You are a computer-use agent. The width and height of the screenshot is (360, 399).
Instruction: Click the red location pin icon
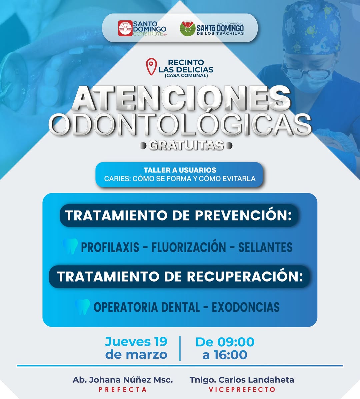(151, 66)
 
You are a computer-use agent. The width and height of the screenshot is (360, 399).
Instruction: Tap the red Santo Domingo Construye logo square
(125, 28)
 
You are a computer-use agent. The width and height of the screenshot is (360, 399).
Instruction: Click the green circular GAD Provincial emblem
(188, 28)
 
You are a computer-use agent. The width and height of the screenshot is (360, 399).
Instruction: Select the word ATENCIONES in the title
(181, 98)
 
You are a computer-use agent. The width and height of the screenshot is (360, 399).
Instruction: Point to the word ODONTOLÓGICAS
(180, 124)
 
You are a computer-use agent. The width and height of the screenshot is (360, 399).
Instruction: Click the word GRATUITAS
(186, 145)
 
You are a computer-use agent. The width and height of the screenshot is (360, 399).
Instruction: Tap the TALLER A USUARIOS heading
(180, 170)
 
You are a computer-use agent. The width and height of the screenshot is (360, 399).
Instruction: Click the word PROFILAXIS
(110, 247)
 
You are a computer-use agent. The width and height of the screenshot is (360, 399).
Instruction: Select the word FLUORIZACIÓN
(189, 247)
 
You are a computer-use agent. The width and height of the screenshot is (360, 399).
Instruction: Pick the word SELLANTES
(265, 247)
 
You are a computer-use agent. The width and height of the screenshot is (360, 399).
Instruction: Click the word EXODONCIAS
(246, 307)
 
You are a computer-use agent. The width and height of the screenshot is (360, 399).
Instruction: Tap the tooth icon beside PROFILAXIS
(70, 246)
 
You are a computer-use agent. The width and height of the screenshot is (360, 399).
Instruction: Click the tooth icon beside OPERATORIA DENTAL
(82, 307)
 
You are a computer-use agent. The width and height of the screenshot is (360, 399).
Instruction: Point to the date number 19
(160, 342)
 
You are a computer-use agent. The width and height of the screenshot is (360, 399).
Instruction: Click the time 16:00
(230, 355)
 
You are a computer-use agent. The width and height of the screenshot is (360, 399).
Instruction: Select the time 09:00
(236, 342)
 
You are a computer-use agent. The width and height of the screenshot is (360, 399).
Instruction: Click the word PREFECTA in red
(123, 390)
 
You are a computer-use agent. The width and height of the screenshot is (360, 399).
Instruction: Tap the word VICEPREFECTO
(242, 390)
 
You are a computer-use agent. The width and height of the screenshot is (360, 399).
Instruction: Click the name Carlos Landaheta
(256, 380)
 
